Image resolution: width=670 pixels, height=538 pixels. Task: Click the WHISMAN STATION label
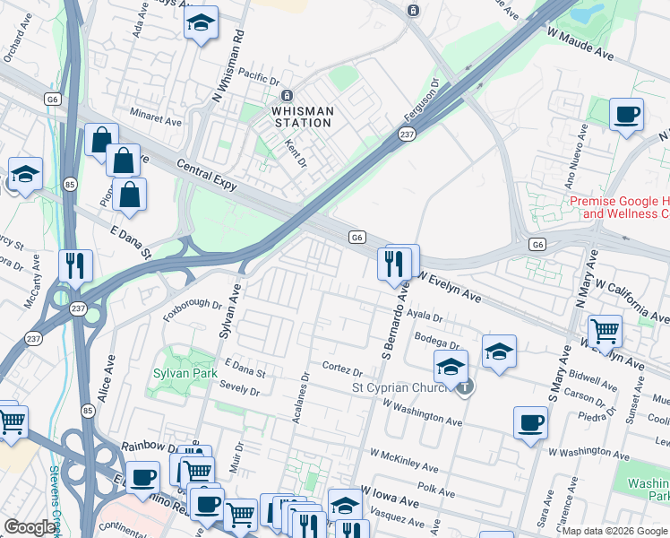tap(303, 117)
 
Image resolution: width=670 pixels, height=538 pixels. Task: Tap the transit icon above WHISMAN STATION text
tap(287, 96)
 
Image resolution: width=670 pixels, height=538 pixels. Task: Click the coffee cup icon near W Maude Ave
tap(627, 115)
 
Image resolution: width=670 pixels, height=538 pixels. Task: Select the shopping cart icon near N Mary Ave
tap(606, 331)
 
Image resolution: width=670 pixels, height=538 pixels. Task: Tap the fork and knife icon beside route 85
tap(75, 265)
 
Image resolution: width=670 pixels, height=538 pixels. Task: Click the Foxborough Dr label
tap(192, 309)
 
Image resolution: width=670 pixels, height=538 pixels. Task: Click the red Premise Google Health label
tap(619, 208)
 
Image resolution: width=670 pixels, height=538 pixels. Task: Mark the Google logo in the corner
tap(30, 527)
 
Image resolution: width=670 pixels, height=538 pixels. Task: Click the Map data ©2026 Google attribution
tap(614, 531)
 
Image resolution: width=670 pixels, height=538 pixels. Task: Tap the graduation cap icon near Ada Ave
tap(202, 22)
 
